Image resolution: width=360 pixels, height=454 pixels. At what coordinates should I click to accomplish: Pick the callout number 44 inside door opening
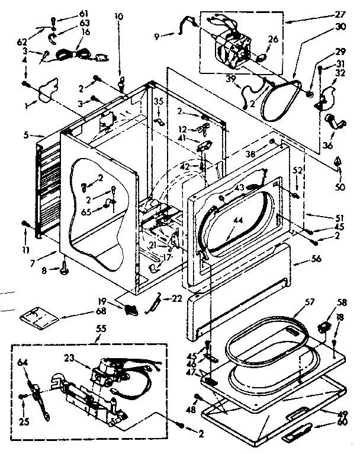coord(238,221)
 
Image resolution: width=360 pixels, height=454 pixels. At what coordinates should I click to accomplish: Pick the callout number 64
coord(22,362)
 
